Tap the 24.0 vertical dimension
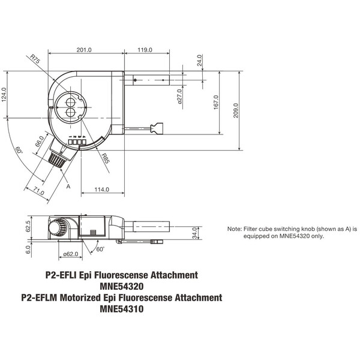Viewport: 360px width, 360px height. click(x=200, y=61)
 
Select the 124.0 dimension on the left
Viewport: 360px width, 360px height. click(x=5, y=95)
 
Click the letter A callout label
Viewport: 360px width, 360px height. click(x=68, y=187)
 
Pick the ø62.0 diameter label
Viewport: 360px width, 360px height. click(x=70, y=254)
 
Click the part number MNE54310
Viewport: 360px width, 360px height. click(x=121, y=310)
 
